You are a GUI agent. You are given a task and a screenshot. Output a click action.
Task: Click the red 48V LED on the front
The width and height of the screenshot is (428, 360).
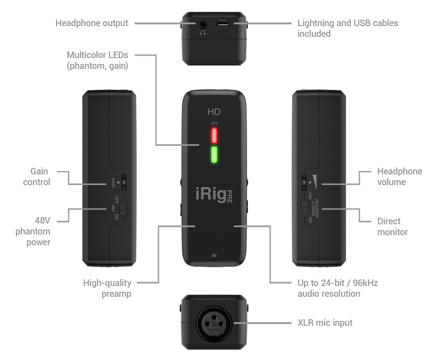(214, 136)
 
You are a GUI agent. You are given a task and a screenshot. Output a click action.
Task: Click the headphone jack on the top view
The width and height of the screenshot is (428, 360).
(202, 24)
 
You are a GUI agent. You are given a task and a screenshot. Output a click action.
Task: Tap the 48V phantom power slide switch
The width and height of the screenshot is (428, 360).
(123, 210)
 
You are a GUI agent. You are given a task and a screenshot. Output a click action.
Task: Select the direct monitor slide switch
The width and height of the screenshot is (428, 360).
(305, 206)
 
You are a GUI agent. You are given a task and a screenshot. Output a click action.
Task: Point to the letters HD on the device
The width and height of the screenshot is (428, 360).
(214, 112)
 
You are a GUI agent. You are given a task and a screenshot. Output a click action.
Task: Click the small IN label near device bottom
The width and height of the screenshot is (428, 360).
(214, 256)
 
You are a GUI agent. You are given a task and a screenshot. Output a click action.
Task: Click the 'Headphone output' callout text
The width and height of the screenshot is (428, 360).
(92, 23)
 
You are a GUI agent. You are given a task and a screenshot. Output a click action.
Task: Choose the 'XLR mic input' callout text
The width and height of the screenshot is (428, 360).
(325, 322)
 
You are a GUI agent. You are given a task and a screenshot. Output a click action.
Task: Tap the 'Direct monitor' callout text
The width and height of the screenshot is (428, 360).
(392, 227)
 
